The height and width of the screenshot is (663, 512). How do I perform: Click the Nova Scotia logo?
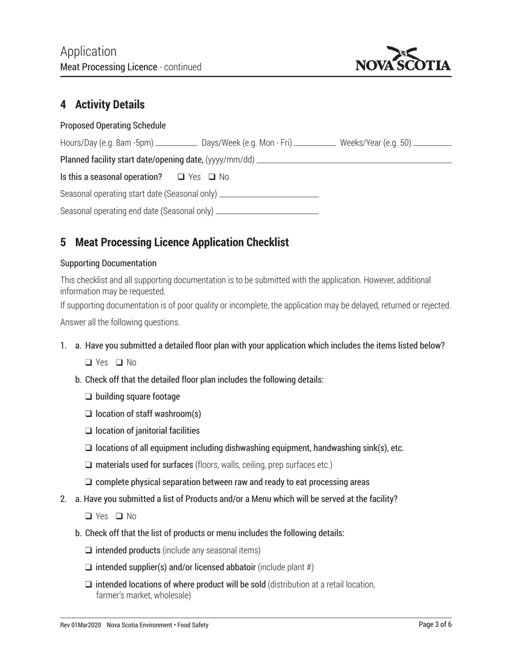[x=403, y=60]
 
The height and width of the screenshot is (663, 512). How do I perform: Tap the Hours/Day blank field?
[x=176, y=143]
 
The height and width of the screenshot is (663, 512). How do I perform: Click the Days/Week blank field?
[x=315, y=143]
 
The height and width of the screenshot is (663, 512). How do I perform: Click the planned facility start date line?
[x=354, y=161]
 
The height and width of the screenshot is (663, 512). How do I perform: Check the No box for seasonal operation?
[x=211, y=177]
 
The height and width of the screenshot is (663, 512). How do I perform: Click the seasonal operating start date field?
[x=269, y=195]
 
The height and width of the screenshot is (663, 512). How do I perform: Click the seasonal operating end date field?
[x=267, y=212]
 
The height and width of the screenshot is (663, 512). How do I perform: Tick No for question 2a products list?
[x=119, y=516]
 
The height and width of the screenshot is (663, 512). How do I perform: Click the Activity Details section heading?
[x=102, y=105]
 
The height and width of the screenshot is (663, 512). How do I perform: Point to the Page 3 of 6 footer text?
[x=435, y=625]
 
